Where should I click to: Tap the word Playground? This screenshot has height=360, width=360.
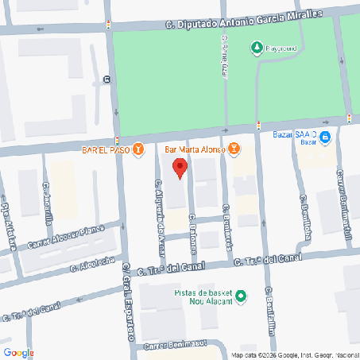coord(281,48)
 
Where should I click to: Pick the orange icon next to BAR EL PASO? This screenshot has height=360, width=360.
coord(139,149)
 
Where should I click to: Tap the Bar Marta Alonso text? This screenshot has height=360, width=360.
coord(194,149)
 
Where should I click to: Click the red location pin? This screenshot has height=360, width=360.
coord(180,168)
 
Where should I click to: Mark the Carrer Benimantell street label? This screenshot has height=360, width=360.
coord(344,195)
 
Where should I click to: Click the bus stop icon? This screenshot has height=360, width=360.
coord(106,79)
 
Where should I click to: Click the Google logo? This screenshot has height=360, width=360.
coord(18,352)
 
